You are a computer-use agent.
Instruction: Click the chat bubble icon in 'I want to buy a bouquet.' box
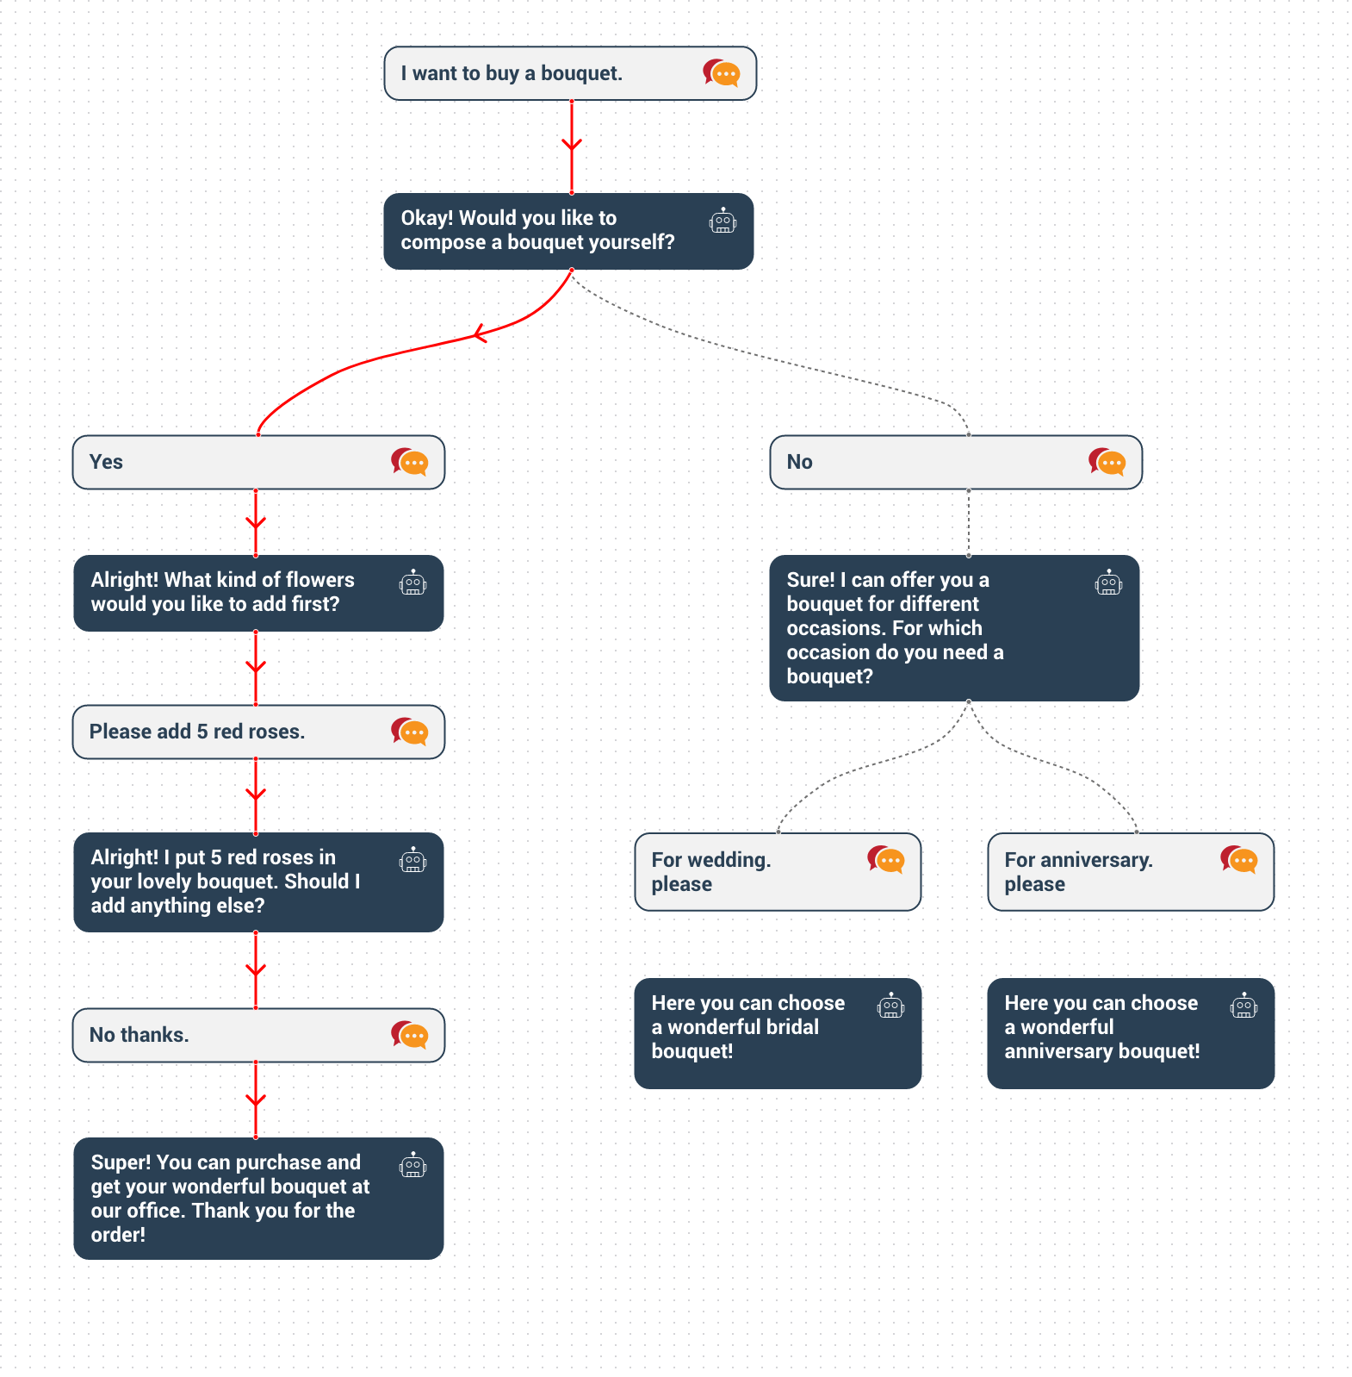tap(722, 73)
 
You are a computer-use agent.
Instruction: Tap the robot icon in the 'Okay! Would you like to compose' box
tap(723, 221)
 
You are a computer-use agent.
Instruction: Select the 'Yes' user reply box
tap(258, 463)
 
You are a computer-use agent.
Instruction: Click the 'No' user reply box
tap(956, 463)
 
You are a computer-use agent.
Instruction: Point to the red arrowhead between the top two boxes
tap(572, 144)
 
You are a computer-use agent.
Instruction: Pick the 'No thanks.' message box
tap(258, 1035)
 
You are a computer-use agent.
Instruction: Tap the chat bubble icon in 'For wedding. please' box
tap(886, 859)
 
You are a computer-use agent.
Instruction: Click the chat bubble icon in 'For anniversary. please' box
tap(1239, 859)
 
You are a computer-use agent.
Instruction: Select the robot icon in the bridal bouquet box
tap(890, 1006)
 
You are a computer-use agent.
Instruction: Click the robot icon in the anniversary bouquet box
tap(1243, 1006)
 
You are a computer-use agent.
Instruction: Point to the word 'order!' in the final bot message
tap(118, 1235)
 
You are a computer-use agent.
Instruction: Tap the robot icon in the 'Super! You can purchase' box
tap(412, 1165)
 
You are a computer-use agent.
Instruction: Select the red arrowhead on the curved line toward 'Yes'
tap(480, 334)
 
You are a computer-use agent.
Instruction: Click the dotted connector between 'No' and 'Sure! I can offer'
tap(969, 522)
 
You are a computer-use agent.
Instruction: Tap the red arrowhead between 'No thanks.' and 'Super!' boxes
tap(256, 1100)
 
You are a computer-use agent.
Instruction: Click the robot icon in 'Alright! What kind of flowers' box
tap(412, 583)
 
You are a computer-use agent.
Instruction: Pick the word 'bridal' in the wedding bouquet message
tap(789, 1027)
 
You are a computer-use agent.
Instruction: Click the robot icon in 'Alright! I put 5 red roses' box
tap(412, 860)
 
